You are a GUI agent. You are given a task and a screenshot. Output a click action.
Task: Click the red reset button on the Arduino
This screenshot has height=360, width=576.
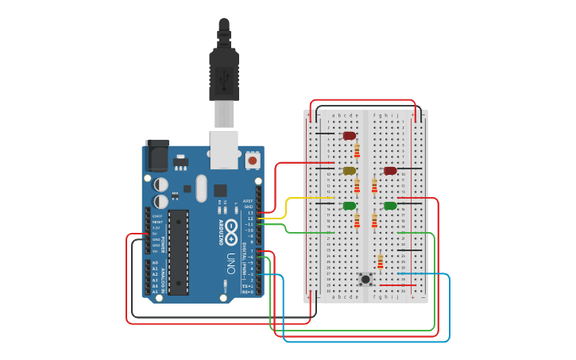click(253, 160)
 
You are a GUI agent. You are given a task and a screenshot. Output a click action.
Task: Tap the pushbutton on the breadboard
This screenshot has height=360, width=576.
click(365, 279)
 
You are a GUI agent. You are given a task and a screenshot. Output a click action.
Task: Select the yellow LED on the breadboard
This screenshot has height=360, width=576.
click(349, 170)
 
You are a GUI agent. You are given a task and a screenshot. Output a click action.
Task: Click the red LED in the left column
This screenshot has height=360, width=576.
click(350, 135)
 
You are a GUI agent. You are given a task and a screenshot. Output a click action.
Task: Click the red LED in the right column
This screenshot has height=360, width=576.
click(390, 170)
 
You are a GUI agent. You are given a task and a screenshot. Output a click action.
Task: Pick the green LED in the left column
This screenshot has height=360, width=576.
click(350, 206)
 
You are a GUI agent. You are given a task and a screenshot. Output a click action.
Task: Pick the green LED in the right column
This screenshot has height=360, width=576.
click(390, 206)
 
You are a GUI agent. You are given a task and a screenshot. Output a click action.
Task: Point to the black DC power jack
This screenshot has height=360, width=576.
click(157, 156)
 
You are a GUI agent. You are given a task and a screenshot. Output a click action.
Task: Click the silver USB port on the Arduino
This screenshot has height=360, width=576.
click(223, 148)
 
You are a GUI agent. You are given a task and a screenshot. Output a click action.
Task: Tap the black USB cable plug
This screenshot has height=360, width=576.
click(223, 75)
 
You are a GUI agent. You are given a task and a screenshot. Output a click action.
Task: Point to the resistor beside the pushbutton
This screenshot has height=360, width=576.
click(381, 261)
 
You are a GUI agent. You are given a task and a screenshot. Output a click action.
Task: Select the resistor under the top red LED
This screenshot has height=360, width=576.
click(357, 149)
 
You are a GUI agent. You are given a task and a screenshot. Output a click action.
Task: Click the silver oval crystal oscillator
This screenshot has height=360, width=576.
click(201, 188)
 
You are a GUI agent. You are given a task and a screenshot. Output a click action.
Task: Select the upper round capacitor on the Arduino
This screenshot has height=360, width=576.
click(161, 184)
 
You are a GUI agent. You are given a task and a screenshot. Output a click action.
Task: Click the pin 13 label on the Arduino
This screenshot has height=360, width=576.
click(250, 213)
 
